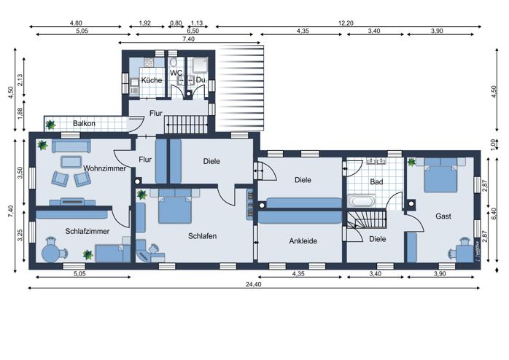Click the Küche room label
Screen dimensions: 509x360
152,80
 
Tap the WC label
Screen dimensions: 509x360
176,73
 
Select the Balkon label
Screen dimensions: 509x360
84,124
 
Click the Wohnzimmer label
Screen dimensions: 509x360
104,168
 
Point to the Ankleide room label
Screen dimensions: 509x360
303,241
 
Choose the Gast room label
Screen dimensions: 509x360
443,216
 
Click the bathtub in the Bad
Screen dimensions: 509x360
362,200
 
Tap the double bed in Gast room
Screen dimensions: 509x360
441,175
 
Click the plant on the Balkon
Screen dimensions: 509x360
50,125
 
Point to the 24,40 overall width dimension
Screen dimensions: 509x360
254,284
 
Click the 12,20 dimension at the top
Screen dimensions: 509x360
346,23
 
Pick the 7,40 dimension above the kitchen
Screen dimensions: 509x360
189,39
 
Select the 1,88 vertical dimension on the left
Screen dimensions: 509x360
20,114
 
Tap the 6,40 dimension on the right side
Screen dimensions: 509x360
494,214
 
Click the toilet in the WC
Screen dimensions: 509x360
173,62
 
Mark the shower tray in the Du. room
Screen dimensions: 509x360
200,65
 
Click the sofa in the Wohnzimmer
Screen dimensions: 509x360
71,146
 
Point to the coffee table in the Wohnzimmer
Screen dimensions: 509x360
71,162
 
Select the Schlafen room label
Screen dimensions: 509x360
202,236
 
